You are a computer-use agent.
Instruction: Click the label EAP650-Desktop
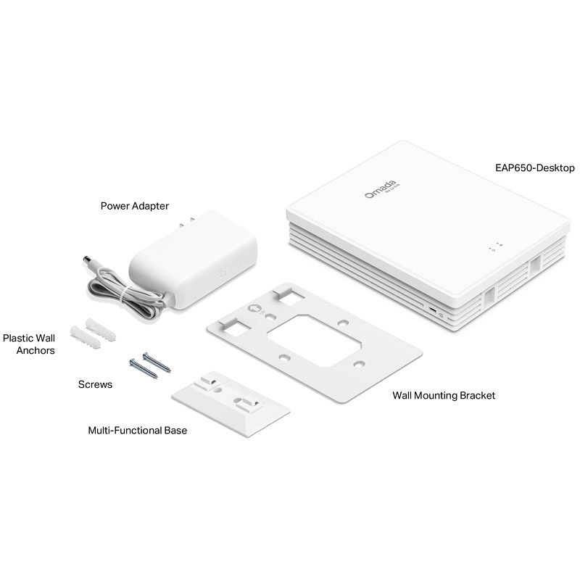(534, 168)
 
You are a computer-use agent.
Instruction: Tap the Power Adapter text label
(135, 206)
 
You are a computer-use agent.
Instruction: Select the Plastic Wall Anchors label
(29, 344)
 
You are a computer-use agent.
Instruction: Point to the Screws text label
(95, 384)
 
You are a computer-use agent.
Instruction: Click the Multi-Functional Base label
(138, 430)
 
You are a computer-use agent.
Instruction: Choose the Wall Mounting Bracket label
(444, 395)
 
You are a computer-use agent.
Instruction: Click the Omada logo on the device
(382, 188)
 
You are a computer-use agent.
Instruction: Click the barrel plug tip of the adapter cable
(88, 260)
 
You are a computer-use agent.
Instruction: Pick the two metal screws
(150, 365)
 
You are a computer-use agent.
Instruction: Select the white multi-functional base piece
(231, 404)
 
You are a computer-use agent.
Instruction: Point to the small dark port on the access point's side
(431, 309)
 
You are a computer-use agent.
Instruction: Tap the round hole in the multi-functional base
(218, 390)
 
